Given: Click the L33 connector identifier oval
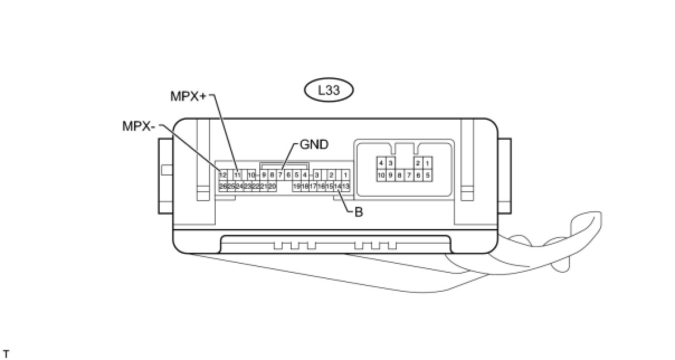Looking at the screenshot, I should (329, 90).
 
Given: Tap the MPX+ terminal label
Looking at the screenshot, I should (188, 96).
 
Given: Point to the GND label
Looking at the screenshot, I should (314, 144).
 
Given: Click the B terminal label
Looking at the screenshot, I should (359, 212).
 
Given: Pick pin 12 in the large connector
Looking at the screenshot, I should (223, 175).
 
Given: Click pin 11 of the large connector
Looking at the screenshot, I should (237, 175).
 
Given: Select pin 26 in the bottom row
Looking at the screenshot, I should (223, 186).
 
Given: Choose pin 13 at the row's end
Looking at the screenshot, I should (346, 186).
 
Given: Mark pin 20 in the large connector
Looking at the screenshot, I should (272, 186).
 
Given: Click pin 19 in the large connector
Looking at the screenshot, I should (297, 186).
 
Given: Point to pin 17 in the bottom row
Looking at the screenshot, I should (313, 186).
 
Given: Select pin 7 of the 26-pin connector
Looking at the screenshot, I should (280, 175).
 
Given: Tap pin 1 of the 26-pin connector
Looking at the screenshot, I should (345, 175).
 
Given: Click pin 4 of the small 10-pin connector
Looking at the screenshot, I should (381, 163).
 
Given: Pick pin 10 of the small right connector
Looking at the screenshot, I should (381, 175).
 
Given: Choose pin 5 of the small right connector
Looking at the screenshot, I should (427, 175).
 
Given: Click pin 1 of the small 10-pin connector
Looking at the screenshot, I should (427, 163).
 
